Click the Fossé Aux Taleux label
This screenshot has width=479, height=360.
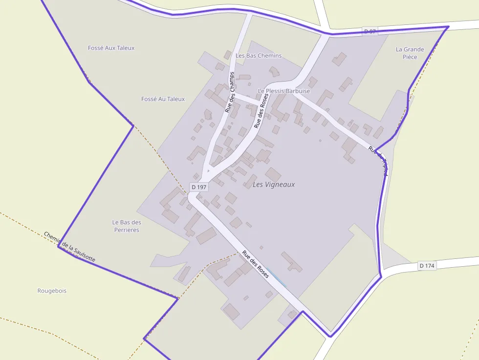tap(111, 48)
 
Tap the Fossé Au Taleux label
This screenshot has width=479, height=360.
tap(163, 99)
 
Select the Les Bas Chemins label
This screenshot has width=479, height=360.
tap(259, 56)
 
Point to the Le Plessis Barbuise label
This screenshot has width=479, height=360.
tap(283, 91)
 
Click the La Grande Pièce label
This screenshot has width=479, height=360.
tap(410, 53)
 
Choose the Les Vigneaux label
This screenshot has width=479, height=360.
tap(274, 185)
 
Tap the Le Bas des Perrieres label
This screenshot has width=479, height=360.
tap(127, 226)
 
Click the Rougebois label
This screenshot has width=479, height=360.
tap(52, 291)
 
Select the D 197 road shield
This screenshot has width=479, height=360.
tap(199, 187)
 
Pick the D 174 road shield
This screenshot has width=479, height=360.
tap(427, 266)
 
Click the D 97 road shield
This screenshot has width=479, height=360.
tap(370, 31)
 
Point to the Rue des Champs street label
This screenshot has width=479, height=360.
tap(230, 92)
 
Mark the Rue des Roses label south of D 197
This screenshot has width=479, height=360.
tap(256, 264)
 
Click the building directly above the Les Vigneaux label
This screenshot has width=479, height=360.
tap(273, 174)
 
